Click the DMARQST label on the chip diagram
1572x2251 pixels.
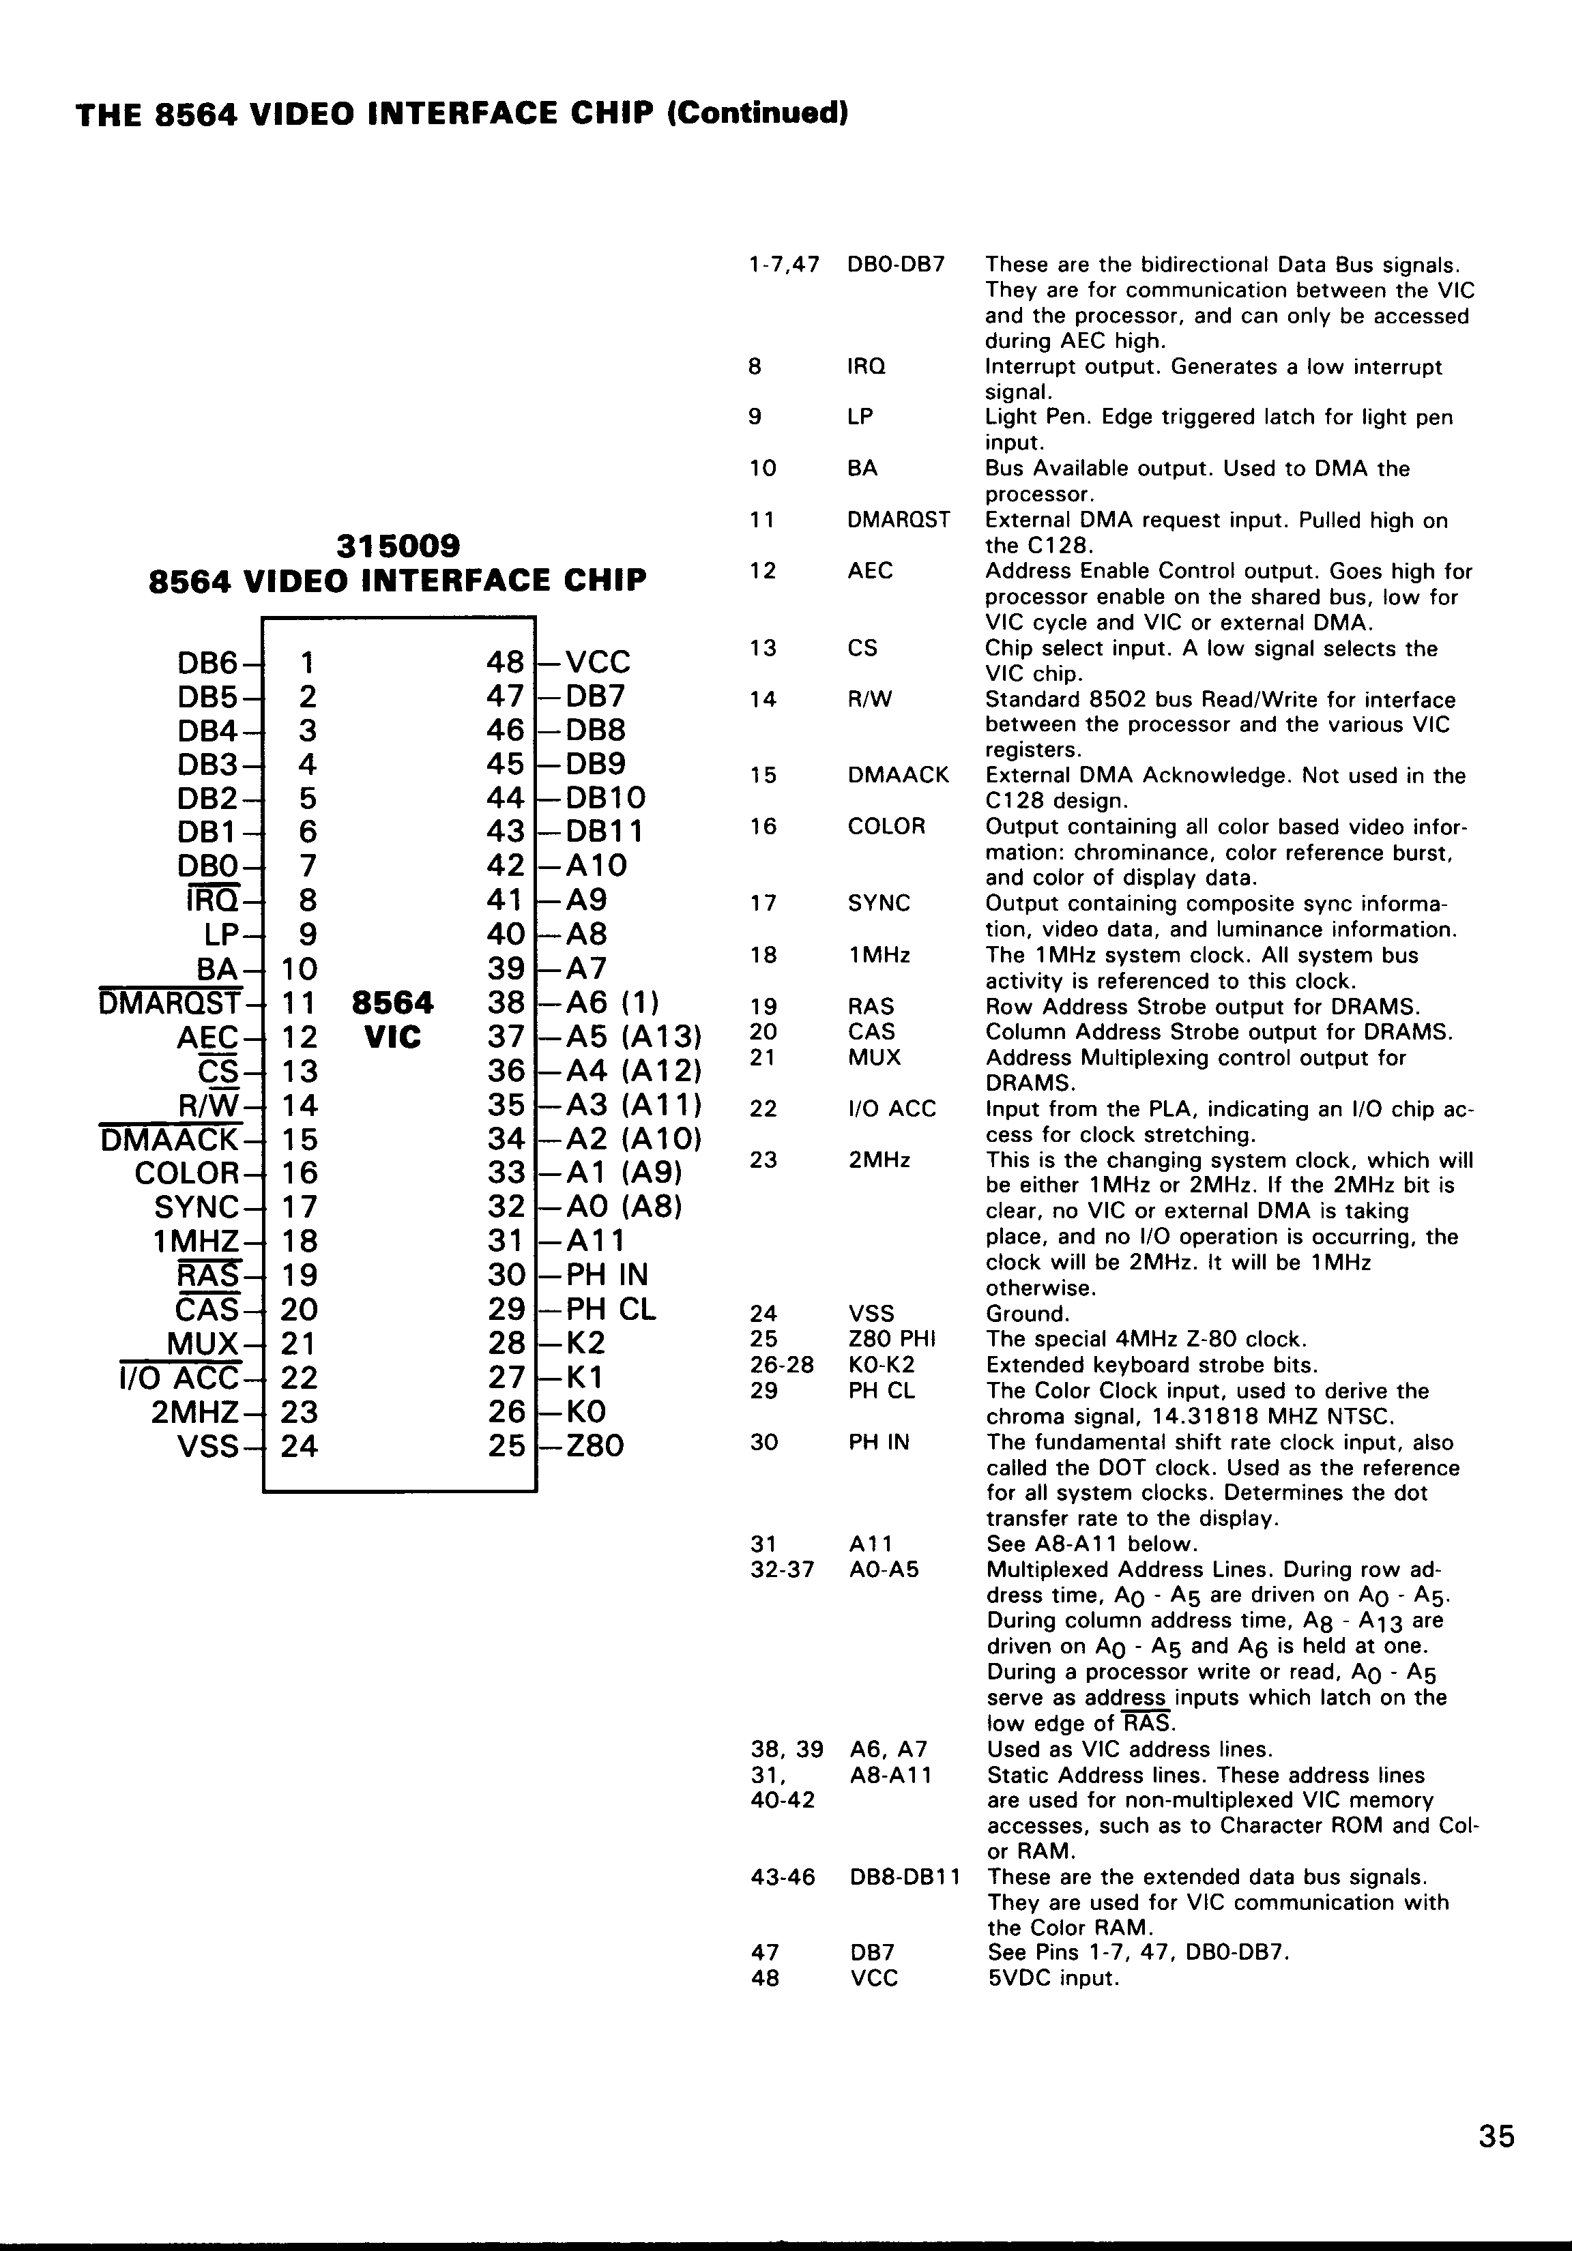[170, 1003]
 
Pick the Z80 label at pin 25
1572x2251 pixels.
[595, 1445]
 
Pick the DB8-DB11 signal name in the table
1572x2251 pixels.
[904, 1877]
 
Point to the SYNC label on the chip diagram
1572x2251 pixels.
[196, 1207]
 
